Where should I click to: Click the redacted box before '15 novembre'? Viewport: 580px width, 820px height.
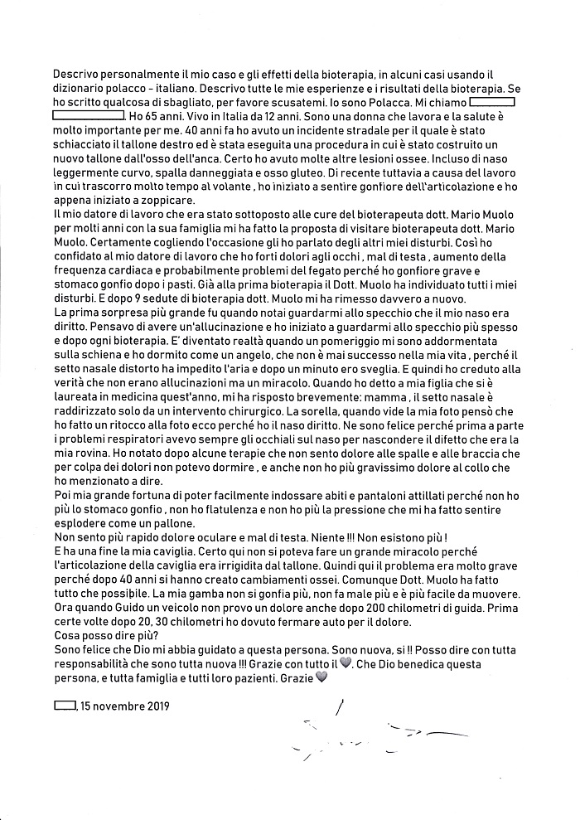[x=64, y=706]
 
